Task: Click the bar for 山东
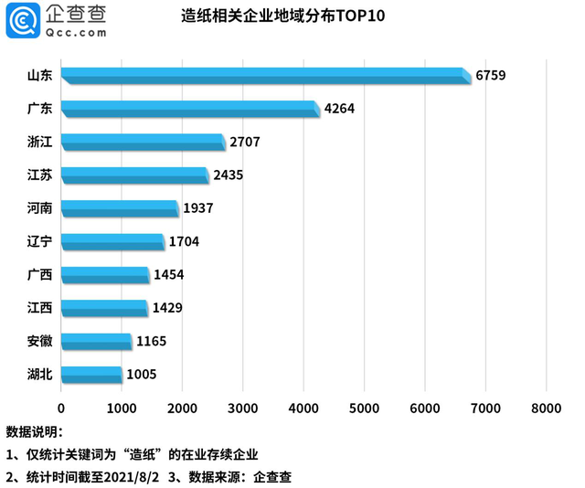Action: (265, 76)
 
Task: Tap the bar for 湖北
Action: (91, 374)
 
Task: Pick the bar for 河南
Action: (120, 208)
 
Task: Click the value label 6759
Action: (490, 75)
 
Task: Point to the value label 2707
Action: (246, 142)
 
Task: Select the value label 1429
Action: (167, 308)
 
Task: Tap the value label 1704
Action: (184, 241)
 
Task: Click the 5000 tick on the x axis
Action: (365, 408)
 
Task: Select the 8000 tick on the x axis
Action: (546, 408)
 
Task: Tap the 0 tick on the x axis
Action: (61, 408)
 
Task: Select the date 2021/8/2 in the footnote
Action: (133, 476)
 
